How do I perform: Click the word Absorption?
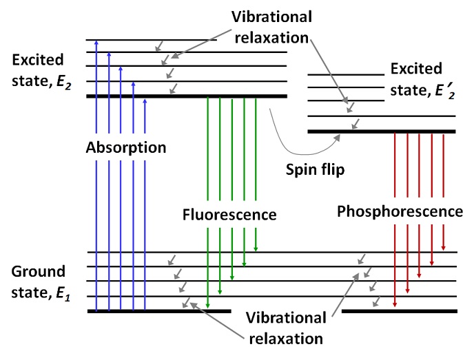126,148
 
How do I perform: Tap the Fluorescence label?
229,214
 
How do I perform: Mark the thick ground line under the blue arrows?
158,311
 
